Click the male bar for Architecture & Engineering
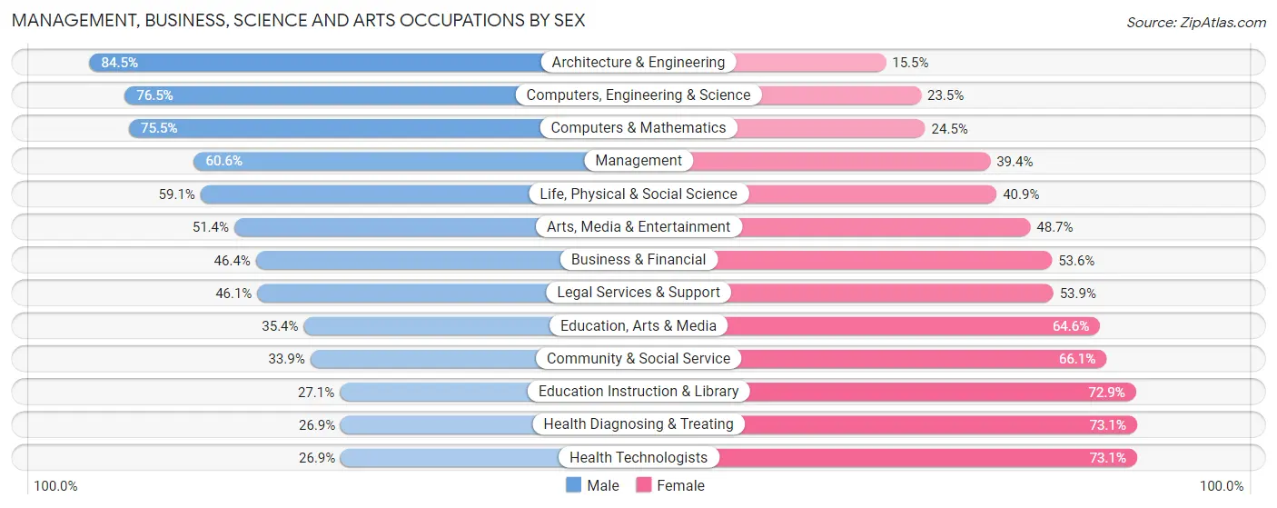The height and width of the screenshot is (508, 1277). [318, 63]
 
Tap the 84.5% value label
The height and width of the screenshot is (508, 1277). [120, 63]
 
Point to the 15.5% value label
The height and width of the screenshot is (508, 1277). [910, 63]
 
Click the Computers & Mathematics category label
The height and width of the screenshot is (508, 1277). [638, 128]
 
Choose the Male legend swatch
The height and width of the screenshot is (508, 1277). [574, 485]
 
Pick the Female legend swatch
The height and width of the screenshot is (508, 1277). [644, 485]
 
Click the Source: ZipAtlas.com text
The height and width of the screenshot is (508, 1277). [1195, 22]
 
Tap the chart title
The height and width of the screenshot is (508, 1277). [298, 20]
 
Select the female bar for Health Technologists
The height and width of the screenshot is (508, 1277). [926, 458]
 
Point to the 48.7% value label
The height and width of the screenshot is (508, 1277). [1054, 227]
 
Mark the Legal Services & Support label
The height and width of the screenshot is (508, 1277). [638, 293]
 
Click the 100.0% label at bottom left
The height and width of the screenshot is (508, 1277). [56, 486]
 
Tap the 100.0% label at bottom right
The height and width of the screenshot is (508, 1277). [1222, 486]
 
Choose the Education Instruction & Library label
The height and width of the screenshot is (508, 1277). [638, 392]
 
